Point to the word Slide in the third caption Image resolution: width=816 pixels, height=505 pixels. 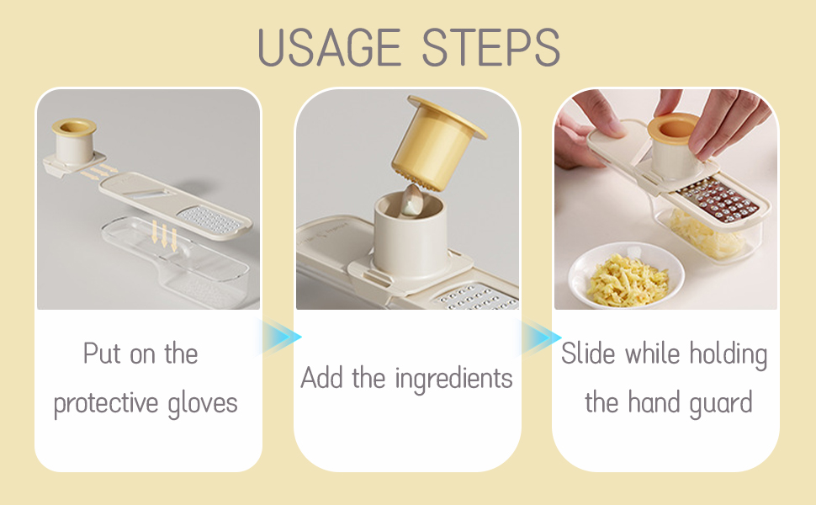pos(588,353)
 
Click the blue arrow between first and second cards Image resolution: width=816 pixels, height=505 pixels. pos(281,337)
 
